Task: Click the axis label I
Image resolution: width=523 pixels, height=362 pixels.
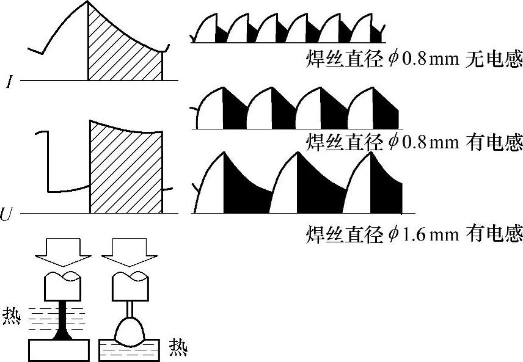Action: [10, 81]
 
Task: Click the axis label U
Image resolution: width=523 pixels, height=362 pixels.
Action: [8, 214]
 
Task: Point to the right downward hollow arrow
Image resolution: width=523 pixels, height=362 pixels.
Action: [130, 254]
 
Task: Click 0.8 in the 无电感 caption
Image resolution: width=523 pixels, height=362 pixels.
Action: [417, 60]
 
